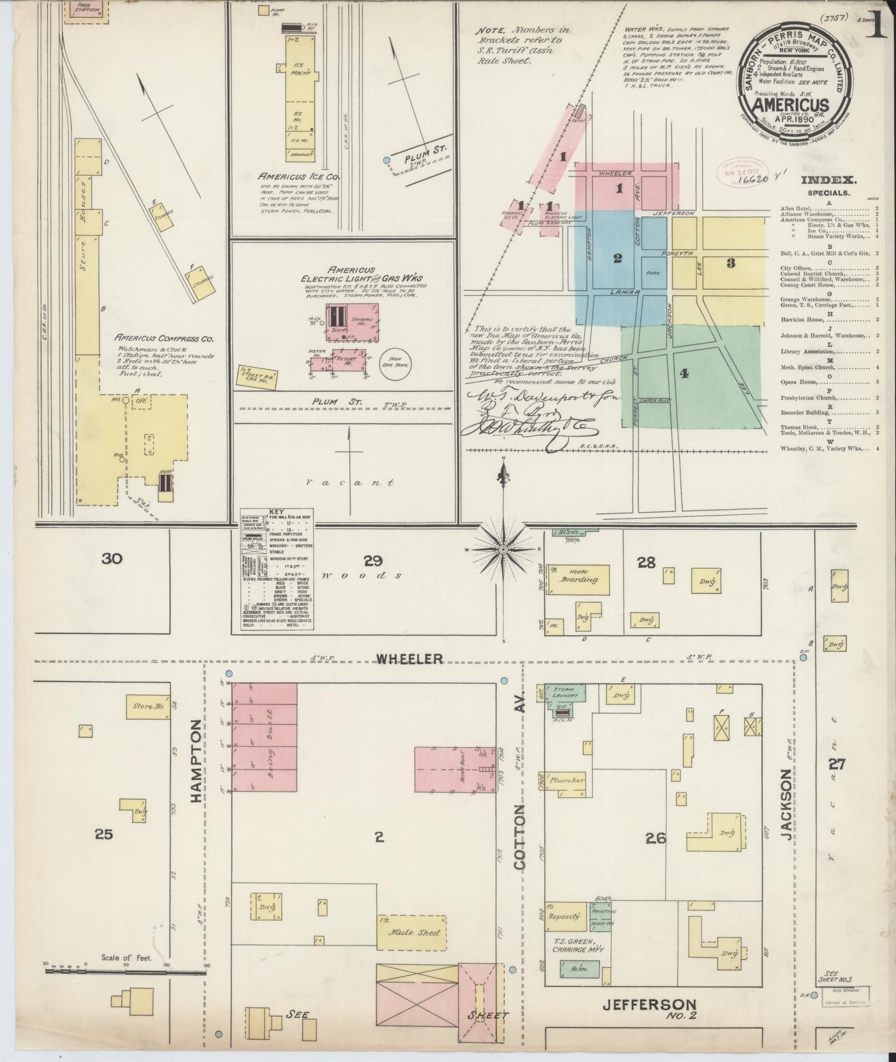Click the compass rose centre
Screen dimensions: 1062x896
pyautogui.click(x=503, y=550)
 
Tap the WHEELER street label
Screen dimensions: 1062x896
pyautogui.click(x=410, y=659)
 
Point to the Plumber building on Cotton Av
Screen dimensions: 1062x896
pyautogui.click(x=566, y=780)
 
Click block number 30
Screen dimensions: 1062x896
pyautogui.click(x=112, y=559)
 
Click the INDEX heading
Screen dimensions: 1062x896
pyautogui.click(x=828, y=180)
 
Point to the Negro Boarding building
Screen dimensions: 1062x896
pyautogui.click(x=578, y=580)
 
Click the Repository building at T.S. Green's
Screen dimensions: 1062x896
pyautogui.click(x=564, y=916)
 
